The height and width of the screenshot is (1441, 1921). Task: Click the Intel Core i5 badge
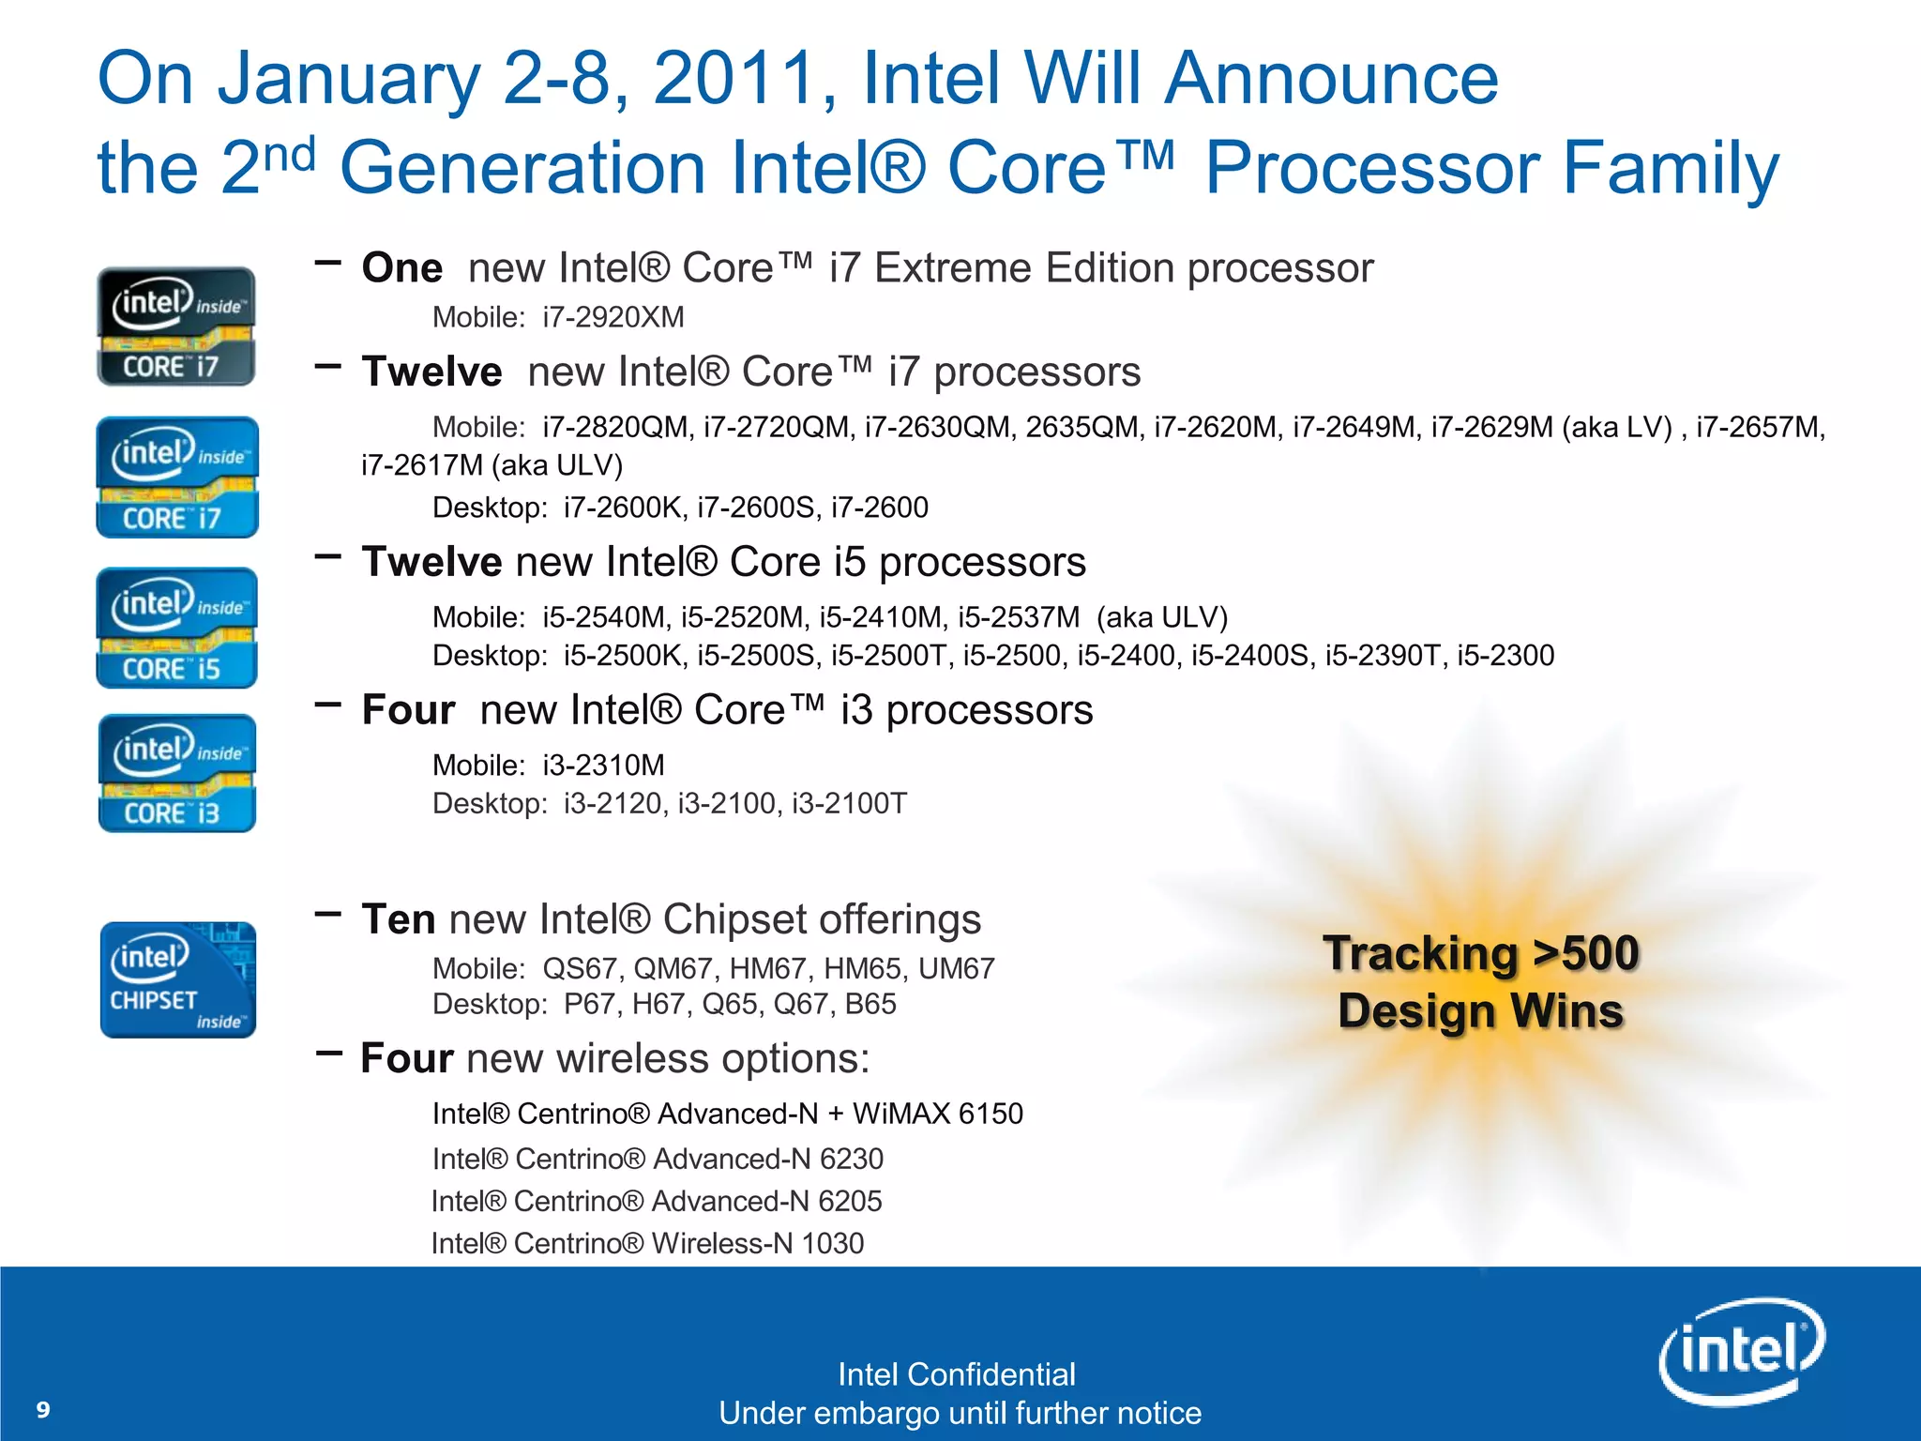pos(176,628)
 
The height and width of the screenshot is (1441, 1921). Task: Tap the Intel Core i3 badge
pos(176,773)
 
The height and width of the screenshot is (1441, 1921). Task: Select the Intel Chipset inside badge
pos(177,979)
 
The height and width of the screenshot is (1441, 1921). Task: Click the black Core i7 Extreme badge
pos(176,326)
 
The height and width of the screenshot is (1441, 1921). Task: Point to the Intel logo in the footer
pos(1741,1351)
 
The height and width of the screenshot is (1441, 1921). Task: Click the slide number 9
pos(43,1409)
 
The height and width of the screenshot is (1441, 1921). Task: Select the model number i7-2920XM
pos(613,317)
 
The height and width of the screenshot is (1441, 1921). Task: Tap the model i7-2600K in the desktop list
pos(626,508)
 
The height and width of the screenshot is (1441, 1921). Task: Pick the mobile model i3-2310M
pos(603,766)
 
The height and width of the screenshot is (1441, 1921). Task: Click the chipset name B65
pos(870,1005)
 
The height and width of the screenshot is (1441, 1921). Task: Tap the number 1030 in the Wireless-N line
pos(832,1243)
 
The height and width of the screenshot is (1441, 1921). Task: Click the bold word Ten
pos(398,919)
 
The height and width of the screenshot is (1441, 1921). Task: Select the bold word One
pos(402,268)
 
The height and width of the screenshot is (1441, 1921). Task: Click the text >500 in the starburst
pos(1586,953)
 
